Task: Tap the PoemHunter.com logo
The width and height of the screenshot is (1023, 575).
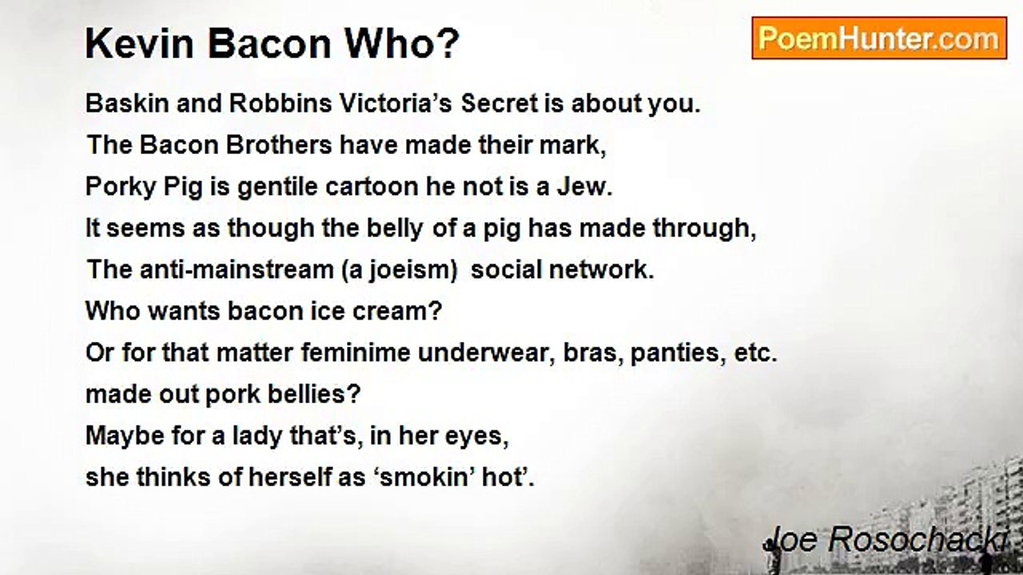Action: [878, 38]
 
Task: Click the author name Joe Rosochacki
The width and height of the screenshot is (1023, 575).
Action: [886, 540]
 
